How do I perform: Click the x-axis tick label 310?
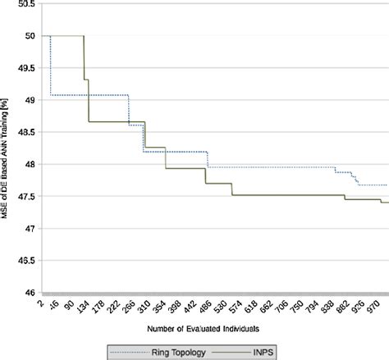tap(144, 308)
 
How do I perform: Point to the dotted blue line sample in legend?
tap(126, 351)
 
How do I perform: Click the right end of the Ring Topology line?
tap(387, 185)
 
